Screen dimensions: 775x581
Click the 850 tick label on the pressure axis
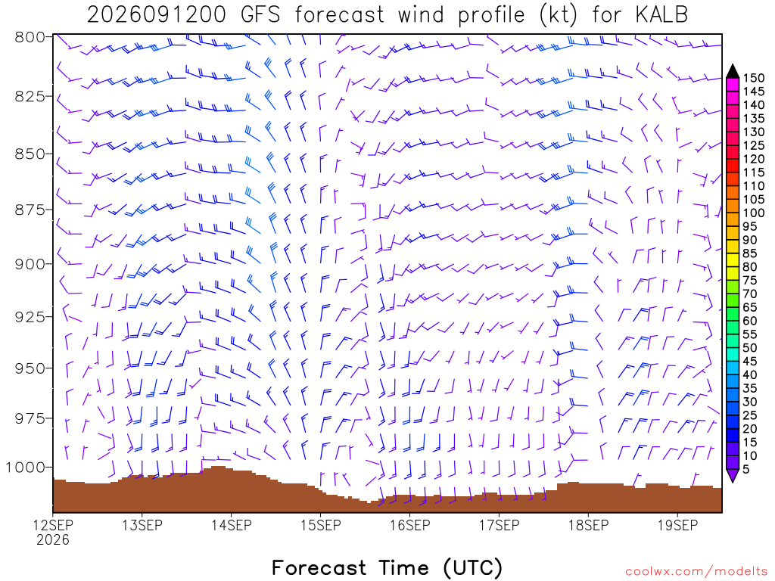pos(30,154)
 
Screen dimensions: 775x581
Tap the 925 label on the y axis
pos(30,316)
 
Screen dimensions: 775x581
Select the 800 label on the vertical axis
pos(30,37)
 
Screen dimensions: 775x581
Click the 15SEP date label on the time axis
pos(321,525)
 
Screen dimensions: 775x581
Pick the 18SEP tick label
pos(588,525)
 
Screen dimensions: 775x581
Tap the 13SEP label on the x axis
pos(142,525)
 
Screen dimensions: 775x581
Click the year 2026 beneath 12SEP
pos(53,540)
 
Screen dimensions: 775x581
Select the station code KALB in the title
pos(661,15)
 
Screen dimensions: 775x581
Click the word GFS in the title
pos(260,15)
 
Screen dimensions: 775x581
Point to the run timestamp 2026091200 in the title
pos(156,15)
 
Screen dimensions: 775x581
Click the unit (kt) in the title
pos(558,15)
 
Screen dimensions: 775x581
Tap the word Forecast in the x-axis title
pos(319,567)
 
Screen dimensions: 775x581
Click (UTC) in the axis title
pos(473,568)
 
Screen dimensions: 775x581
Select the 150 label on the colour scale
pos(754,78)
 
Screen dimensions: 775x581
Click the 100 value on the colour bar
pos(754,213)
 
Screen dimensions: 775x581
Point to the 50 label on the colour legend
pos(750,348)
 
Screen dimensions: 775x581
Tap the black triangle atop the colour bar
pos(733,72)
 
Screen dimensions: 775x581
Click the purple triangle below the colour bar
pos(733,475)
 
